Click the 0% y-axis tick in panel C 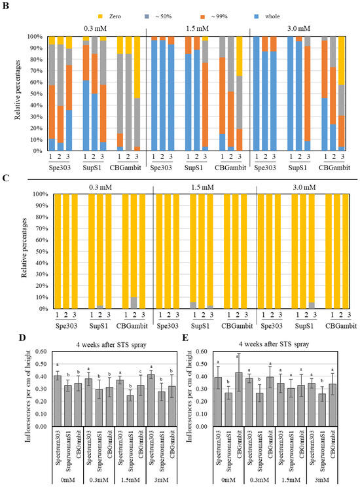45,308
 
